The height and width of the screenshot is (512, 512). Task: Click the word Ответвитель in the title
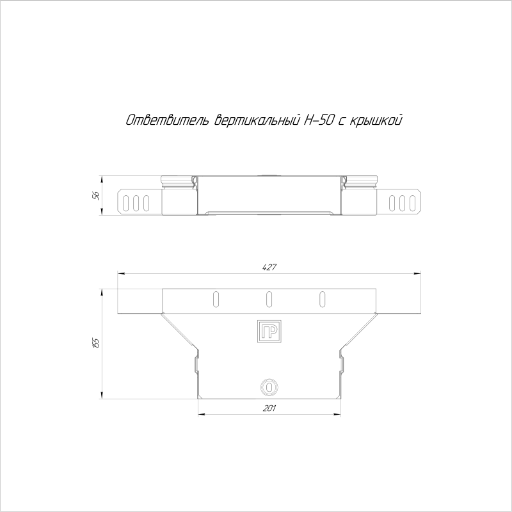(167, 120)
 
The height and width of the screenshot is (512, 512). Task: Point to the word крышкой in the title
(376, 120)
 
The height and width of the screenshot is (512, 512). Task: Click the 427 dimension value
(269, 267)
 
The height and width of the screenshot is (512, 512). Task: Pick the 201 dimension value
(269, 408)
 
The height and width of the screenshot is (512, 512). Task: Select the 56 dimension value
(95, 196)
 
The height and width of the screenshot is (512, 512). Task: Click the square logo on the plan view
(269, 331)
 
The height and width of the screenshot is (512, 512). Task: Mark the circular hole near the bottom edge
(269, 388)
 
